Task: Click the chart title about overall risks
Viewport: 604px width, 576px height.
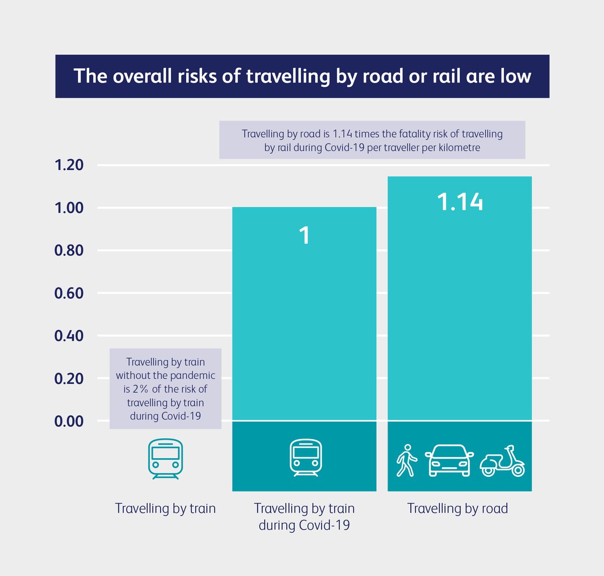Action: (x=302, y=76)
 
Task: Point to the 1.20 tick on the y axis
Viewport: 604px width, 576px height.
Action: (x=69, y=165)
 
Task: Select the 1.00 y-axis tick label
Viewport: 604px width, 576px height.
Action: (x=69, y=207)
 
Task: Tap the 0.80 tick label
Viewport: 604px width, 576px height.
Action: (x=69, y=250)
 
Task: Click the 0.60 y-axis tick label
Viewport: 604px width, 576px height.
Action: (x=69, y=293)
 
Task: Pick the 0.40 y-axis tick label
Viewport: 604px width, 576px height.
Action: (x=69, y=336)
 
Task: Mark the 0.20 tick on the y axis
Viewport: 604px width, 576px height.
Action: (x=69, y=378)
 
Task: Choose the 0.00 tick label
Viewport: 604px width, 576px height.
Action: (x=69, y=421)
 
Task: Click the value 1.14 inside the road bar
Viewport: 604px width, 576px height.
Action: (x=460, y=202)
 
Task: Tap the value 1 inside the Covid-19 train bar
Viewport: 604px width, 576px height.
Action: (x=305, y=236)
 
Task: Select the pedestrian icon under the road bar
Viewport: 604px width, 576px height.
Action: (x=407, y=460)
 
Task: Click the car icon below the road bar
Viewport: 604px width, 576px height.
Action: (x=449, y=460)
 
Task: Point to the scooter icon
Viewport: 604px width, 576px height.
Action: (x=502, y=461)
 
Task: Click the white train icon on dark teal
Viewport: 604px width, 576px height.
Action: (x=305, y=458)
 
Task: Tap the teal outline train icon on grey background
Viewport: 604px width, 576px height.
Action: (x=165, y=458)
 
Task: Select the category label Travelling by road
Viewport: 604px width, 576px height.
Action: (x=458, y=509)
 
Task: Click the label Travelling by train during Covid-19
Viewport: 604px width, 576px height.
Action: (x=304, y=517)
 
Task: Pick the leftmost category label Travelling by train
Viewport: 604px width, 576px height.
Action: (x=165, y=509)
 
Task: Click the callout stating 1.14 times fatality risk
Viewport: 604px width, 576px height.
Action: (x=372, y=140)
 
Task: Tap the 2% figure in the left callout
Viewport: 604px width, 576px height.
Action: (x=140, y=389)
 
